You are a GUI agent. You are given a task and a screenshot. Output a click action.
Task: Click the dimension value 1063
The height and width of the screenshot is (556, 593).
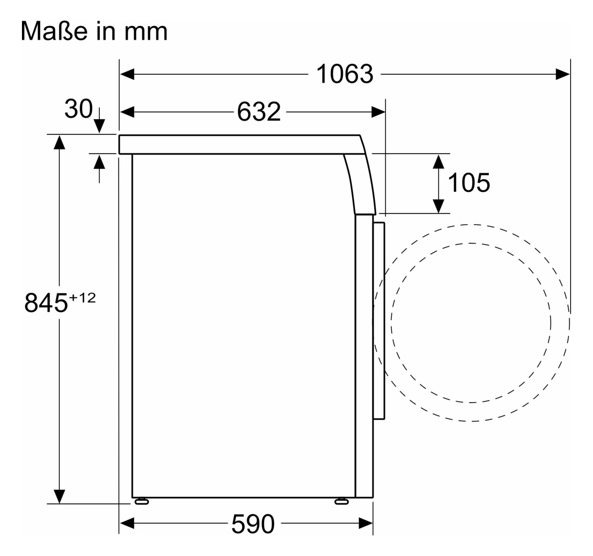tap(345, 74)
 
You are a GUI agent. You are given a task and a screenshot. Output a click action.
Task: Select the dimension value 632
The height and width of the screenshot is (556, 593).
tap(259, 112)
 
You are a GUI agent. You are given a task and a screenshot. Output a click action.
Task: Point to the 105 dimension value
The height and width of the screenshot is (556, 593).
tap(469, 183)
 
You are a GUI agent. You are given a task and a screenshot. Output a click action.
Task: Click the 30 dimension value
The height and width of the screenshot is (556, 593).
tap(78, 109)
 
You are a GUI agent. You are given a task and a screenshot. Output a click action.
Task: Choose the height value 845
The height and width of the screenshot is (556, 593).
tap(46, 303)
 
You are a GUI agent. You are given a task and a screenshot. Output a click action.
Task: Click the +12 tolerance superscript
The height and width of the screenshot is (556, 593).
tap(83, 298)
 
